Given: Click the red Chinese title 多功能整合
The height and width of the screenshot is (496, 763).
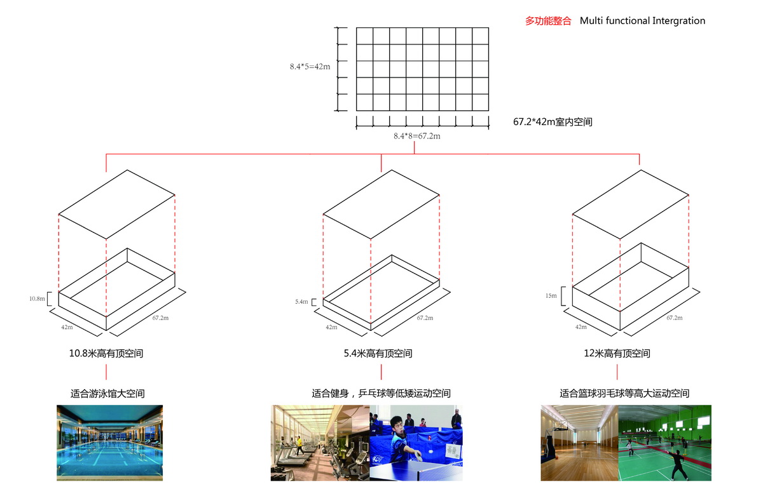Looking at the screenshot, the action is click(x=547, y=21).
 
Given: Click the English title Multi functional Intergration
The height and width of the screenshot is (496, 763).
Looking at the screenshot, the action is click(x=642, y=21).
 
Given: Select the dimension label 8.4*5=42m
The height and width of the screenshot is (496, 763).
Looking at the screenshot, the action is click(x=310, y=67).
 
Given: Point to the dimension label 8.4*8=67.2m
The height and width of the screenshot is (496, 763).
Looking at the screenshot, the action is click(x=417, y=136).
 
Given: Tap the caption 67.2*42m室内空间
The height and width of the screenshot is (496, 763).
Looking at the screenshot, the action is click(x=553, y=122).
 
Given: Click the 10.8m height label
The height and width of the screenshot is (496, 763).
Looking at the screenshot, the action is click(x=37, y=298).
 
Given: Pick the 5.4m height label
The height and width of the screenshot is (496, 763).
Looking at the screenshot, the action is click(x=301, y=302).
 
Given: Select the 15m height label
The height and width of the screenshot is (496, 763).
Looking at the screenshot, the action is click(x=551, y=295).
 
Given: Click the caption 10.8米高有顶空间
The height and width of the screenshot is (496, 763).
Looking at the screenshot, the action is click(x=106, y=354).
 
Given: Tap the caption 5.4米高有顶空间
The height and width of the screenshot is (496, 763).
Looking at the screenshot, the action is click(x=378, y=354).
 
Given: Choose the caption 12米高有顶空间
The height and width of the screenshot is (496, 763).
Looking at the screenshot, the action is click(x=617, y=354).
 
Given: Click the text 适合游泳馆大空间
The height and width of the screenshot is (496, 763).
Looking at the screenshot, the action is click(x=107, y=394).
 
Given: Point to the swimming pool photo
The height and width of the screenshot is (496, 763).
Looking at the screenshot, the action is click(x=109, y=443).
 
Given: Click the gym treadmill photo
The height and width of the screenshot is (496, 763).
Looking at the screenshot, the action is click(x=320, y=443).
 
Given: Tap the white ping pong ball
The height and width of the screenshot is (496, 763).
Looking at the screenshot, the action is click(x=431, y=452).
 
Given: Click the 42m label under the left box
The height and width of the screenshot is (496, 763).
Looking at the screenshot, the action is click(x=67, y=327).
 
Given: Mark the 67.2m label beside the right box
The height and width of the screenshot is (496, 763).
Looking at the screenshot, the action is click(x=675, y=318).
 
